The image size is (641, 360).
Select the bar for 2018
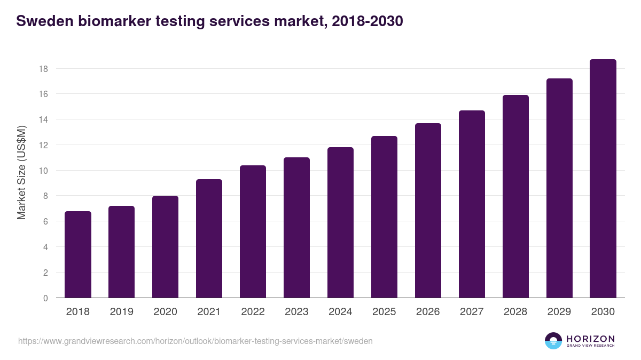(x=78, y=254)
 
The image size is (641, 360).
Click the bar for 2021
(x=209, y=238)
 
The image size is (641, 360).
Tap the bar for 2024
(x=340, y=222)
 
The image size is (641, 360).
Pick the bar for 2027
(x=472, y=204)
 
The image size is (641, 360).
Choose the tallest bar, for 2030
(x=603, y=179)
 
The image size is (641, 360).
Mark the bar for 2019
(x=122, y=252)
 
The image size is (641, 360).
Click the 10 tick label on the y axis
(x=43, y=171)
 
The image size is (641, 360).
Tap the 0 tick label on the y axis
(x=45, y=298)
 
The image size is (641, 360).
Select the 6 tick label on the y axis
(x=45, y=221)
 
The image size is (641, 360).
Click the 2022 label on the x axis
(x=253, y=312)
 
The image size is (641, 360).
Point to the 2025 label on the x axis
(x=384, y=312)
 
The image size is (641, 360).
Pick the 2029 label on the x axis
(x=559, y=312)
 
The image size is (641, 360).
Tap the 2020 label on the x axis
(x=165, y=312)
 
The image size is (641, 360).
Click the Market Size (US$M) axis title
(x=22, y=173)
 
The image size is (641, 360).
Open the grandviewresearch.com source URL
(x=196, y=341)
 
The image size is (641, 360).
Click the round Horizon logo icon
(x=553, y=341)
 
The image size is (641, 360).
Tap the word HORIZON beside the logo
(x=590, y=338)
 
